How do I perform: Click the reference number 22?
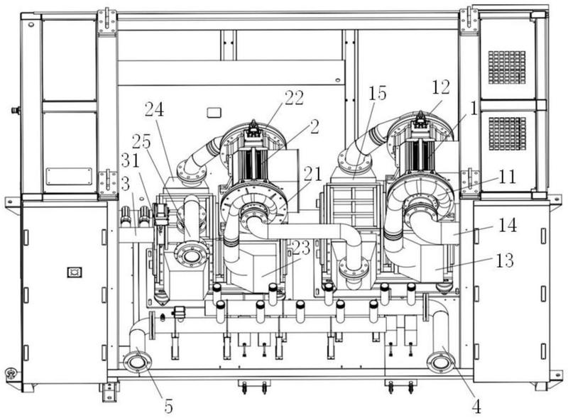pos(295,98)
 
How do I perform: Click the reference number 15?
pos(378,92)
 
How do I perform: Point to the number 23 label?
pos(301,248)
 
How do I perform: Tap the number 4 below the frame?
pos(476,407)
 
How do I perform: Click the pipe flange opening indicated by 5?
pos(137,363)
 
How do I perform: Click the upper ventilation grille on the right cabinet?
pos(507,67)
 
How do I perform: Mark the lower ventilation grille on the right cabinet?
pos(507,133)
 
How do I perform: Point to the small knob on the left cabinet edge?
pos(13,111)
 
